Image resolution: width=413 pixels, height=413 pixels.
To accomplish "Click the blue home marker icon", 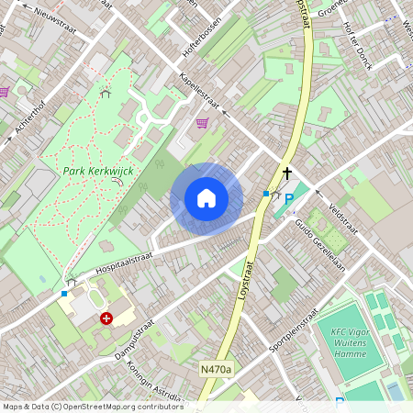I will click(x=206, y=197).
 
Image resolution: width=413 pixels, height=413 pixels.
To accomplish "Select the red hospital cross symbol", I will click(x=106, y=318).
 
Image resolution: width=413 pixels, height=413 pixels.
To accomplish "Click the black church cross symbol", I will click(x=286, y=173).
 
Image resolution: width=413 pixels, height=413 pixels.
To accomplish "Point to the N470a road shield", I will click(x=217, y=369).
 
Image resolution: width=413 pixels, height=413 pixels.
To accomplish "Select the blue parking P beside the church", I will click(x=289, y=199).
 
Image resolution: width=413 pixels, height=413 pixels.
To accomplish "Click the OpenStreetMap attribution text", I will click(x=93, y=406).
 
